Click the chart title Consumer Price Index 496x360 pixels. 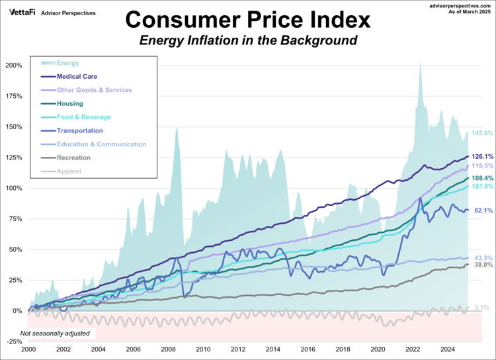click(247, 18)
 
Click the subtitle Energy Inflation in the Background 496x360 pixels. click(247, 40)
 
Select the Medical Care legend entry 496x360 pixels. click(79, 76)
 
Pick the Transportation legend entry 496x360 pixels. click(80, 130)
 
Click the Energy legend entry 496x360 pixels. click(67, 63)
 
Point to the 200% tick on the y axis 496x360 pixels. click(13, 66)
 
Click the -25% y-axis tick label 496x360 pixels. click(13, 341)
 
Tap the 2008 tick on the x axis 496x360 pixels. click(167, 349)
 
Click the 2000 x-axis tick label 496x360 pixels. click(28, 349)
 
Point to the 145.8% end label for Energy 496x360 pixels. click(483, 133)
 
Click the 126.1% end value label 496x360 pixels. click(483, 157)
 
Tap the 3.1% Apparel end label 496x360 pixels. click(481, 308)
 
